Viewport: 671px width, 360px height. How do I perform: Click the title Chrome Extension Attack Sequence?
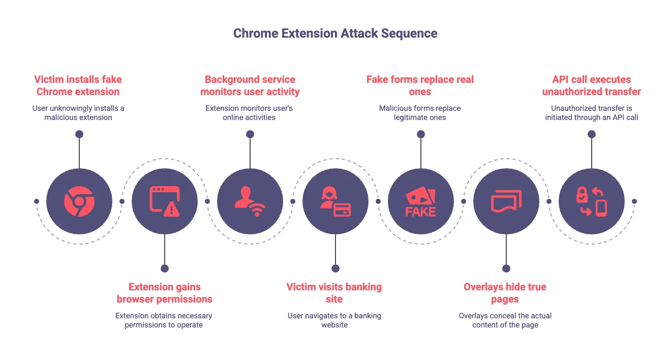tap(335, 34)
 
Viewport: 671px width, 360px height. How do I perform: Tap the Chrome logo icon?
tap(79, 201)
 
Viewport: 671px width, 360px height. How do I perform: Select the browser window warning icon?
tap(165, 201)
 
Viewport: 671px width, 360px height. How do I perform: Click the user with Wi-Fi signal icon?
tap(250, 201)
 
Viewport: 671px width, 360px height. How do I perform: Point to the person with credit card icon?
tap(335, 201)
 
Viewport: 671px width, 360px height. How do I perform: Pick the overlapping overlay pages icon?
tap(506, 201)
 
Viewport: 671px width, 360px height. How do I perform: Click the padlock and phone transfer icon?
tap(592, 201)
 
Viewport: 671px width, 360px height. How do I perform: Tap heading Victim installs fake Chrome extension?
tap(78, 85)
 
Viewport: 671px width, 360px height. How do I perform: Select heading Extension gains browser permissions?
tap(165, 293)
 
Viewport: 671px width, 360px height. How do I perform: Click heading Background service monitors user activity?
tap(250, 85)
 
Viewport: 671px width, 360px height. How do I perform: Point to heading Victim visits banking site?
tap(334, 293)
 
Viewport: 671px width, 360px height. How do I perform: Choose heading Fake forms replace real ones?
tap(420, 85)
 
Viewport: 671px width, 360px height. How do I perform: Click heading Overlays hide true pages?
tap(505, 293)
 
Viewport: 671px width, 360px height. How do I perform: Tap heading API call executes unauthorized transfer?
tap(592, 85)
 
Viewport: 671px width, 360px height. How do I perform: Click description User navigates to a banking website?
tap(334, 320)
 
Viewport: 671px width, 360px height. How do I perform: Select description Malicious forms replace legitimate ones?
tap(420, 113)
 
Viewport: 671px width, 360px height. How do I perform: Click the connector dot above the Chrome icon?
tap(79, 134)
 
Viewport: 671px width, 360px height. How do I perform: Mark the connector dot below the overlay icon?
tap(506, 268)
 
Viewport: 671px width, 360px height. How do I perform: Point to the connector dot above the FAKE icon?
tap(421, 134)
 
